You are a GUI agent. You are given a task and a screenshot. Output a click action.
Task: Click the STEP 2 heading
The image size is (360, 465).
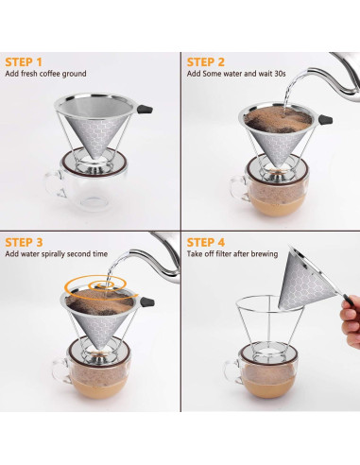point(213,61)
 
